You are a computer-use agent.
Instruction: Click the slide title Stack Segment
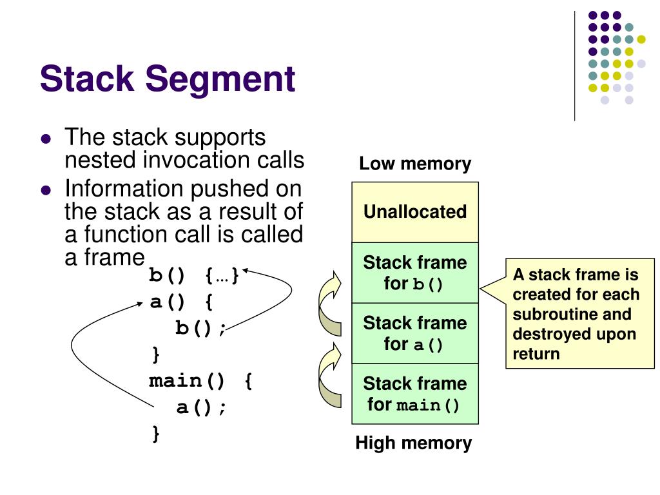pos(168,79)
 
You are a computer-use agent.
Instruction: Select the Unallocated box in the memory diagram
pos(415,212)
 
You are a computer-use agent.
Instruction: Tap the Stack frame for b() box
pos(415,273)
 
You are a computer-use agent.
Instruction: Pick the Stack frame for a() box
pos(415,333)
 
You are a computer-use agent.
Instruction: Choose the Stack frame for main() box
pos(415,394)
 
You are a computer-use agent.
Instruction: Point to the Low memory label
pos(415,164)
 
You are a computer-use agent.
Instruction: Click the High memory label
pos(413,443)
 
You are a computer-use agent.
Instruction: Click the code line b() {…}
pos(194,276)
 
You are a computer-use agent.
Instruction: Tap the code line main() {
pos(200,381)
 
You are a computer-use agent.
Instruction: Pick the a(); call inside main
pos(202,407)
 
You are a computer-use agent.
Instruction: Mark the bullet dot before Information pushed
pos(45,190)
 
